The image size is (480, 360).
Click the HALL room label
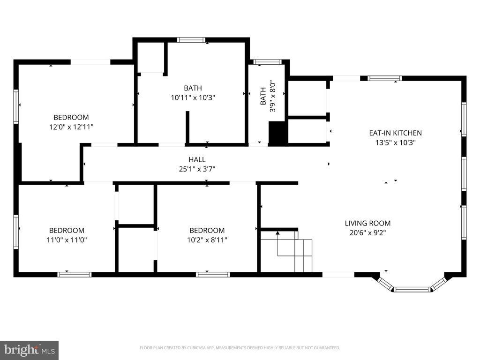[197, 160]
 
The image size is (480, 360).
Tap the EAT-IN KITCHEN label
[395, 133]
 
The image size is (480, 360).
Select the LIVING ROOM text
[367, 224]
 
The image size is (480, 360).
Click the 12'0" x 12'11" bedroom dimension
[71, 127]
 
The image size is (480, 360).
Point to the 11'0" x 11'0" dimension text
[67, 240]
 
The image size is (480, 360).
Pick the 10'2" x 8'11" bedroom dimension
[207, 240]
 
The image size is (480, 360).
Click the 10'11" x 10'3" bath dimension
[193, 97]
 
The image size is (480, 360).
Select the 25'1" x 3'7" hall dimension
[197, 169]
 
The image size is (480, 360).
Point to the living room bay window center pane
[412, 289]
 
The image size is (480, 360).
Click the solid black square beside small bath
[277, 133]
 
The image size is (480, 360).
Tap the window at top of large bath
[191, 40]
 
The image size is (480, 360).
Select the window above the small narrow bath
[267, 62]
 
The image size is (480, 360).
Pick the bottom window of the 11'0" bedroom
[74, 275]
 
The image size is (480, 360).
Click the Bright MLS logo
[29, 350]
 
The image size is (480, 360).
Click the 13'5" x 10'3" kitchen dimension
[395, 142]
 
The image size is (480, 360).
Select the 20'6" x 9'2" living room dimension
[367, 232]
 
